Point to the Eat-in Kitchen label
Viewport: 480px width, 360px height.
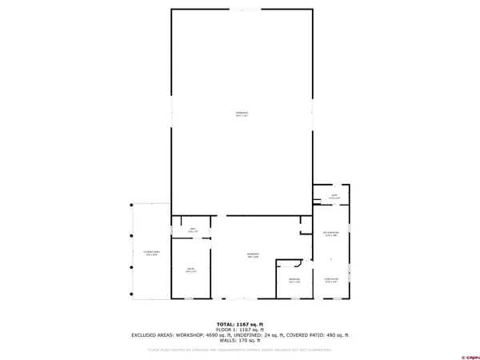coord(330,234)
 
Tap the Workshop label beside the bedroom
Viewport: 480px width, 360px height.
coord(253,256)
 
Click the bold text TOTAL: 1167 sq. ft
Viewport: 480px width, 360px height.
coord(240,324)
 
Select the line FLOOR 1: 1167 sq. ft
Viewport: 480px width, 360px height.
coord(240,330)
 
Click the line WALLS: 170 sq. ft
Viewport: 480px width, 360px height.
coord(240,341)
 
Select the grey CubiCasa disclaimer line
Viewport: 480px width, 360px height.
coord(240,350)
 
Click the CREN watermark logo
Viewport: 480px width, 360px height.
coord(462,356)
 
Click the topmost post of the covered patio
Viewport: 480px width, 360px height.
coord(132,204)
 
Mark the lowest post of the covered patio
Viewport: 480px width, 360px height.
coord(132,300)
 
